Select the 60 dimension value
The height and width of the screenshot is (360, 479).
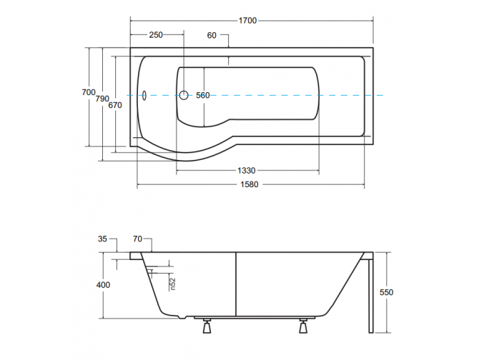tap(212, 35)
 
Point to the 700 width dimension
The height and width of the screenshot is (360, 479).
tap(88, 92)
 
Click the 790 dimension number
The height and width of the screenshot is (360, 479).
tap(103, 99)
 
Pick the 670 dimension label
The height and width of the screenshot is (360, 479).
tap(116, 105)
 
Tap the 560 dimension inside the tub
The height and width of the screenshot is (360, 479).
tap(202, 96)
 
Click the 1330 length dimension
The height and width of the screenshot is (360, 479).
tap(247, 170)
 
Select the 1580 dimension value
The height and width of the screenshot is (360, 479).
tap(247, 185)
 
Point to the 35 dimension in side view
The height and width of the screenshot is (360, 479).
tap(103, 240)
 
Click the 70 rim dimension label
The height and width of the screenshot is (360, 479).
tap(138, 240)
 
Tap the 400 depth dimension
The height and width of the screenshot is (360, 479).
tap(103, 285)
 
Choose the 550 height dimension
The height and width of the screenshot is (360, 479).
tap(387, 292)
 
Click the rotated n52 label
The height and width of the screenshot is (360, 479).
tap(173, 284)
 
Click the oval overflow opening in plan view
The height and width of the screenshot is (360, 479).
tap(142, 94)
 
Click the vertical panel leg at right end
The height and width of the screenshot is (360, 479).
tap(370, 293)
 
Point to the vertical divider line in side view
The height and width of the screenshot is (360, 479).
tap(236, 282)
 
